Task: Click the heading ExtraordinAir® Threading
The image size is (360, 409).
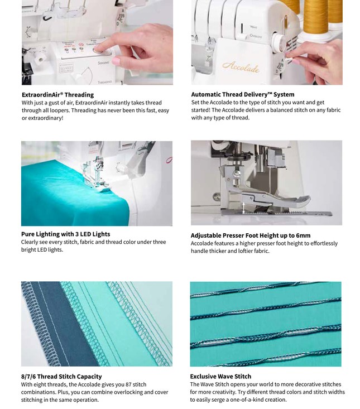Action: pos(57,95)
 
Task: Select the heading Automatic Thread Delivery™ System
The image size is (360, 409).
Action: pos(242,95)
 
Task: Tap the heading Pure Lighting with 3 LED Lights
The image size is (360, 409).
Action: pos(65,234)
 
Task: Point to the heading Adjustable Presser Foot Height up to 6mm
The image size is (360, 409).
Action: pos(250,235)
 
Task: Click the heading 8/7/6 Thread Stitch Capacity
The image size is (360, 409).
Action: pos(61,377)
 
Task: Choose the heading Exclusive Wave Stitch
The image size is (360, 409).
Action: pos(220,377)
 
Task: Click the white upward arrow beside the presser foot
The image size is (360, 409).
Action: pos(243,207)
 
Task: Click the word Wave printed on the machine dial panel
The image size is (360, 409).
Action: pos(253,26)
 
